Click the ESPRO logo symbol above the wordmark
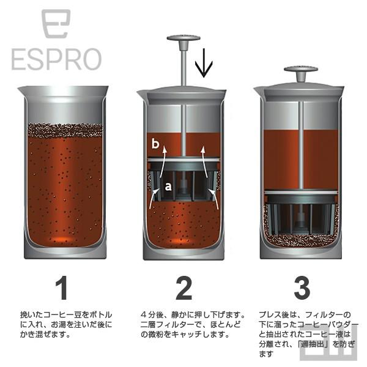tap(56, 24)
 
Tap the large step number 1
tap(62, 287)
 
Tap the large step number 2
tap(183, 287)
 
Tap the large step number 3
tap(301, 287)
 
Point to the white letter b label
tap(156, 144)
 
